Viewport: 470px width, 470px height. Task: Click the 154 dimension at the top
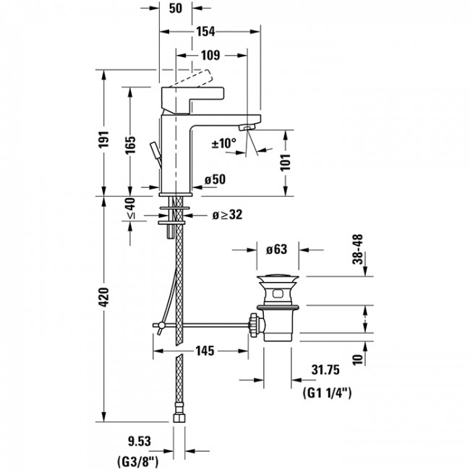click(209, 33)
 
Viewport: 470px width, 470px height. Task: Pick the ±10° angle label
click(224, 143)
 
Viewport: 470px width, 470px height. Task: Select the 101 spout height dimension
click(287, 161)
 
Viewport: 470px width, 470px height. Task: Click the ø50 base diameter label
click(215, 180)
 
